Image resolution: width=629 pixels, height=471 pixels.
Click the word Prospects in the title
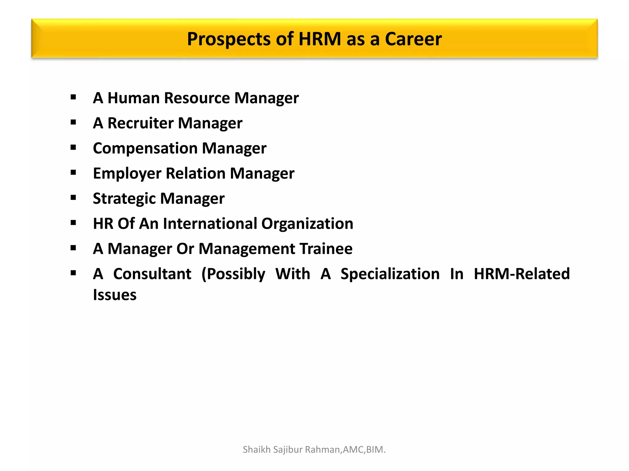click(229, 39)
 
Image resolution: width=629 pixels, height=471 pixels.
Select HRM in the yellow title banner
click(320, 39)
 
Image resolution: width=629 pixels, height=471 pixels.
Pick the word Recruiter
click(140, 123)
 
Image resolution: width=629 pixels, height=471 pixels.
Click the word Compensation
click(145, 148)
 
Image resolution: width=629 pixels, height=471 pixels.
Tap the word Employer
click(127, 174)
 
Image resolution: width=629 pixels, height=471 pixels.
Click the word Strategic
click(124, 199)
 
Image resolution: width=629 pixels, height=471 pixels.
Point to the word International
click(210, 224)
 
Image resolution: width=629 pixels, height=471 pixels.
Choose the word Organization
click(307, 224)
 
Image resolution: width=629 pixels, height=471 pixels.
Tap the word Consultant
click(152, 274)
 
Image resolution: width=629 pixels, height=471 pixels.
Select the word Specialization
click(390, 274)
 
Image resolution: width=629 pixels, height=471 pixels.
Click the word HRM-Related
click(522, 274)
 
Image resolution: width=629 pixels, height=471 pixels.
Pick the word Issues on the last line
click(115, 295)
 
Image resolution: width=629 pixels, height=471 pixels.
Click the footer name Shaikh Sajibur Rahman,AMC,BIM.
click(314, 450)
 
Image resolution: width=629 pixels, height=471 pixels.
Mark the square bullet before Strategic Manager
click(73, 198)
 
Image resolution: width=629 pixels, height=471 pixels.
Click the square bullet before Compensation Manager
click(73, 147)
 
